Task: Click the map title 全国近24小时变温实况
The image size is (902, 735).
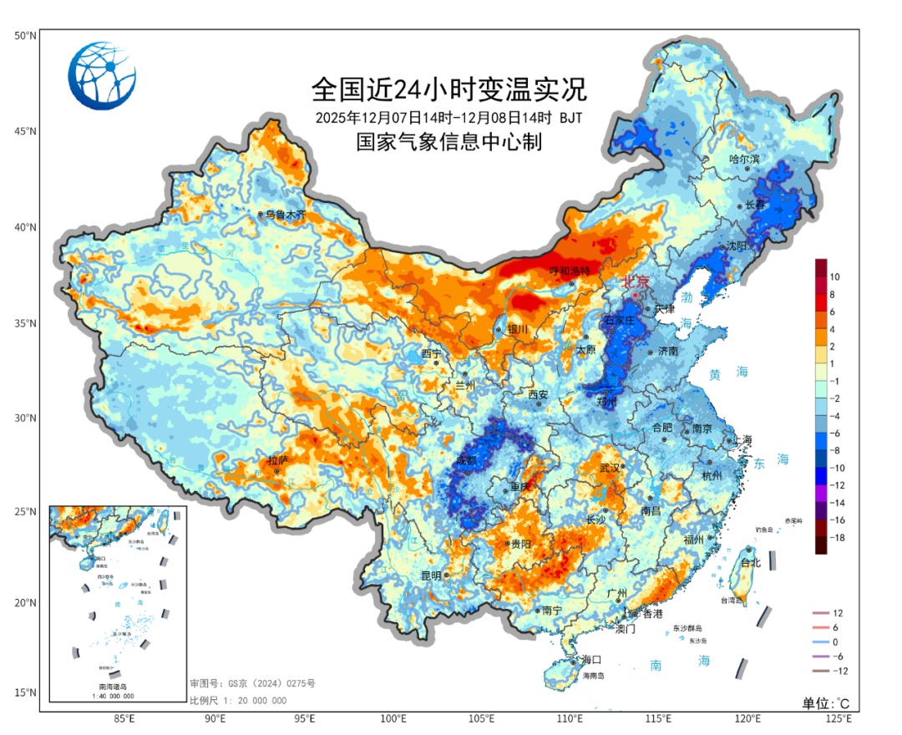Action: click(449, 87)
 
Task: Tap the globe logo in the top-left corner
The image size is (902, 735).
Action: click(102, 76)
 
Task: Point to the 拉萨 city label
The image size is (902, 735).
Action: click(277, 460)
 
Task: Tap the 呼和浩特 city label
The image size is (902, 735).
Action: click(569, 271)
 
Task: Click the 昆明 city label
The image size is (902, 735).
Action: click(431, 575)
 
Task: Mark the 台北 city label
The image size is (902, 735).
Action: click(750, 563)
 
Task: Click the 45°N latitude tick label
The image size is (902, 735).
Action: click(24, 131)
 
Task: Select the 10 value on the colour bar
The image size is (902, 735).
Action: click(834, 276)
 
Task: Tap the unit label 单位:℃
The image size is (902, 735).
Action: click(826, 702)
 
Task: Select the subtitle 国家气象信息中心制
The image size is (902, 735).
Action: click(449, 142)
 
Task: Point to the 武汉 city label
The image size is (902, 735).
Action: click(611, 469)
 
